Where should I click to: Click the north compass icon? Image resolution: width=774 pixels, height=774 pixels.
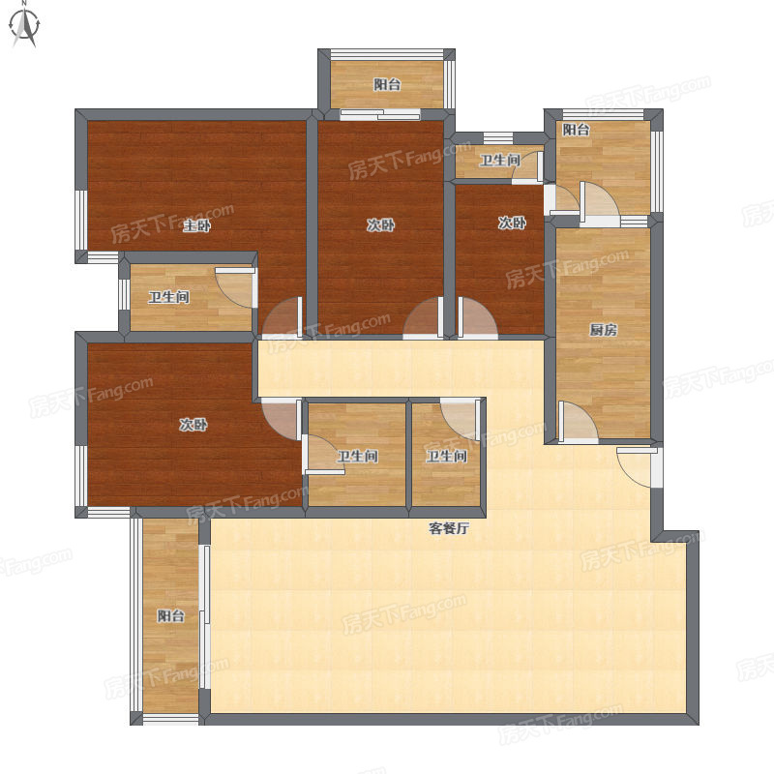click(x=24, y=26)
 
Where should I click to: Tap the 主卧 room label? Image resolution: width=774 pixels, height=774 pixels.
click(x=197, y=226)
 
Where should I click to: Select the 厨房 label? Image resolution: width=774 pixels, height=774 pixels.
click(x=603, y=330)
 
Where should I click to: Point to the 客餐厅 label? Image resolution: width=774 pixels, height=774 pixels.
click(x=448, y=528)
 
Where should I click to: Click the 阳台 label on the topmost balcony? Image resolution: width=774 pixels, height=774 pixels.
click(x=387, y=84)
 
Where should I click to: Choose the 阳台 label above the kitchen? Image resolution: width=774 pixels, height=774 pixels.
click(x=576, y=130)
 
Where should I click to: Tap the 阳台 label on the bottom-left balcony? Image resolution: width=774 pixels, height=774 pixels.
click(x=171, y=615)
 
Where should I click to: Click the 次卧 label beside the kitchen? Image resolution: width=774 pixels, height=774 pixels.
click(x=512, y=223)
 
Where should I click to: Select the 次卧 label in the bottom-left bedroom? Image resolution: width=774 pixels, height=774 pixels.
click(x=193, y=425)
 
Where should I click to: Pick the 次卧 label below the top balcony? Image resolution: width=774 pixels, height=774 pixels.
click(x=380, y=225)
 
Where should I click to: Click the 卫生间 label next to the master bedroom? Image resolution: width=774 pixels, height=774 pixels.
click(x=169, y=297)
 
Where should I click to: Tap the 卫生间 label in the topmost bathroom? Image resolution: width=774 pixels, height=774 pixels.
click(x=500, y=161)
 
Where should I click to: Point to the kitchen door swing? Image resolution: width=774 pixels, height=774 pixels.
click(x=578, y=421)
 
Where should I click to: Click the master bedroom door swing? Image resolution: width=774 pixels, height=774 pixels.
click(x=283, y=317)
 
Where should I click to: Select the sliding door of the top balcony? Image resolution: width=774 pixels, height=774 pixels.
click(x=380, y=114)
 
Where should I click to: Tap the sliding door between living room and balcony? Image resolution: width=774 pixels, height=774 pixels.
click(x=205, y=616)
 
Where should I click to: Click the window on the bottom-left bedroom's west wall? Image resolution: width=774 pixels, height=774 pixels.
click(x=80, y=476)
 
